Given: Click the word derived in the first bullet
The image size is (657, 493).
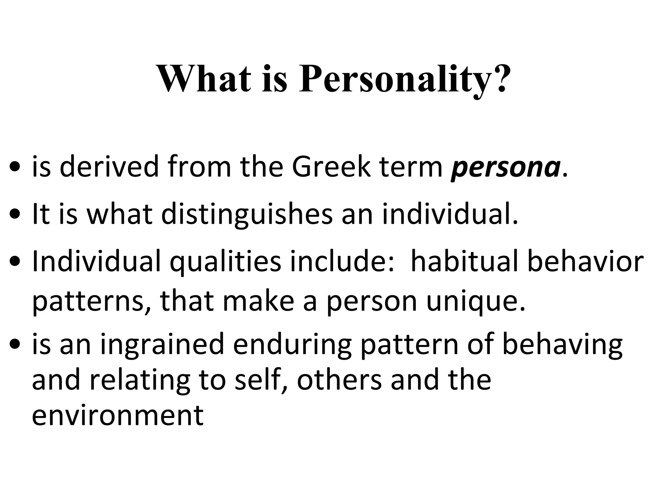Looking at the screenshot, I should (x=109, y=167).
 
